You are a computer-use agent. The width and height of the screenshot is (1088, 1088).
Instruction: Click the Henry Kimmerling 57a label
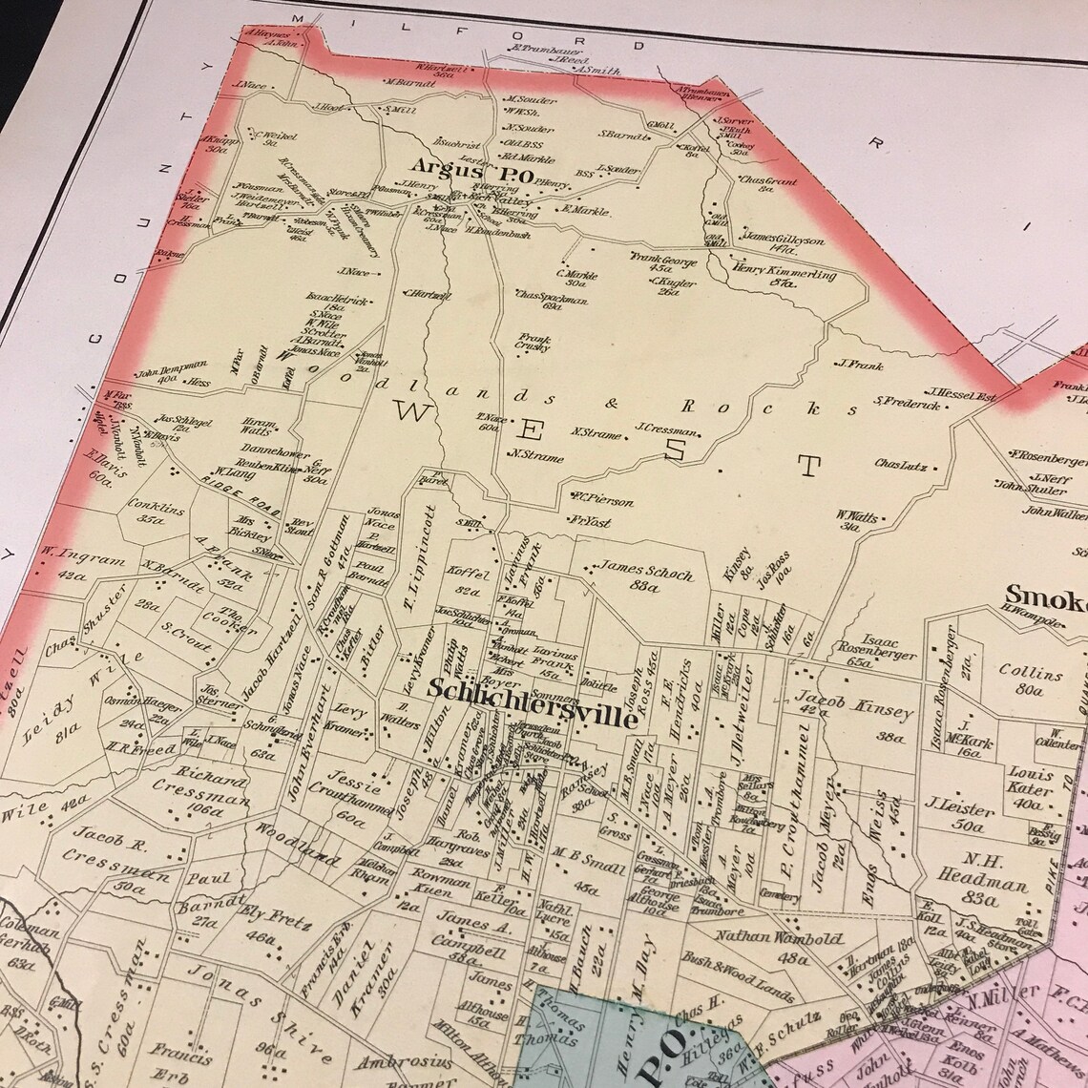click(785, 278)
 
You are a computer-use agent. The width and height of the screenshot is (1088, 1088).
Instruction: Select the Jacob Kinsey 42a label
click(827, 701)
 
